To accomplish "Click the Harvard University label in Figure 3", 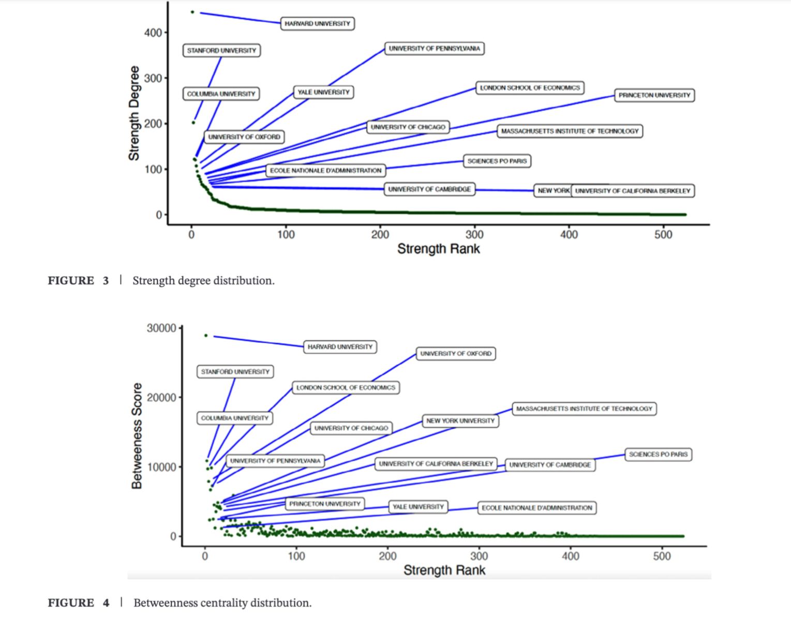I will tap(317, 24).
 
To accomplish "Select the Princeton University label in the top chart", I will tap(654, 95).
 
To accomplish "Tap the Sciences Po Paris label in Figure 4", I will tap(658, 455).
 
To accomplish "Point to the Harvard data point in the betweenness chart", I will tap(206, 336).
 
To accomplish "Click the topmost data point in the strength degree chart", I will tap(192, 12).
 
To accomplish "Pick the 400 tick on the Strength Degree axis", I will tap(153, 33).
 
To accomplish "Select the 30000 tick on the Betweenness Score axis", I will tap(161, 328).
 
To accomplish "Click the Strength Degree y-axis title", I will tap(134, 113).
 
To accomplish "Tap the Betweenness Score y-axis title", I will tap(137, 436).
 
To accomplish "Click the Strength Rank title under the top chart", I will tap(438, 249).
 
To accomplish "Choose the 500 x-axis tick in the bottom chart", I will tap(662, 556).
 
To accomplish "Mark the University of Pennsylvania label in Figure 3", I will tap(434, 49).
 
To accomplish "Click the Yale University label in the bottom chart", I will tap(418, 507).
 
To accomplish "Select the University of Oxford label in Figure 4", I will tap(456, 354).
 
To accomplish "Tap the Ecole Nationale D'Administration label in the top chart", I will tap(325, 171).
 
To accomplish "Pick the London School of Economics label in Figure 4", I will tap(346, 388).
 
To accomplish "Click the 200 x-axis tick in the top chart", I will tap(380, 235).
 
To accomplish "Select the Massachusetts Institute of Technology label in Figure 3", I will tap(570, 131).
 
